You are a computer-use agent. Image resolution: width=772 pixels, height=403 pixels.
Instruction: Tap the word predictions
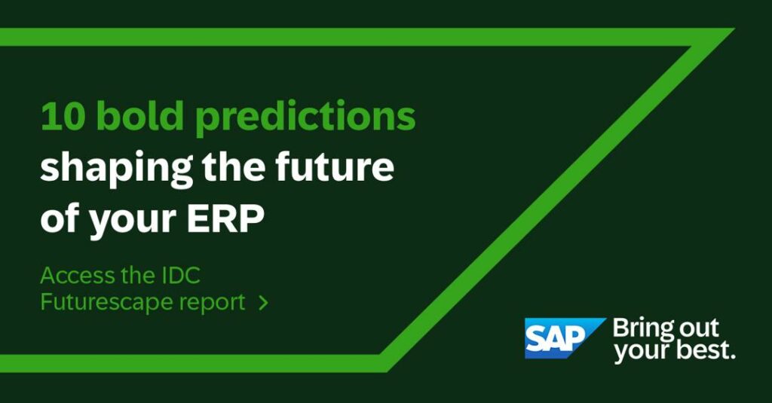pyautogui.click(x=305, y=118)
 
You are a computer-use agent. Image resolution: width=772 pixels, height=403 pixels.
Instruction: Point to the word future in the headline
pyautogui.click(x=335, y=166)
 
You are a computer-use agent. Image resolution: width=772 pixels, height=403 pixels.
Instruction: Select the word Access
pyautogui.click(x=77, y=276)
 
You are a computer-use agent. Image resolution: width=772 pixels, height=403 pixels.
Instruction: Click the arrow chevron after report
pyautogui.click(x=263, y=303)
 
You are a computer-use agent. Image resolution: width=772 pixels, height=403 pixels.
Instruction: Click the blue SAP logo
pyautogui.click(x=564, y=338)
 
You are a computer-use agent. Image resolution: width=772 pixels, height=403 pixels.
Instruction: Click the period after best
pyautogui.click(x=733, y=357)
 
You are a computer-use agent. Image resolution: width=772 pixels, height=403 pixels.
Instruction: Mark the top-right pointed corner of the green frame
pyautogui.click(x=734, y=29)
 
